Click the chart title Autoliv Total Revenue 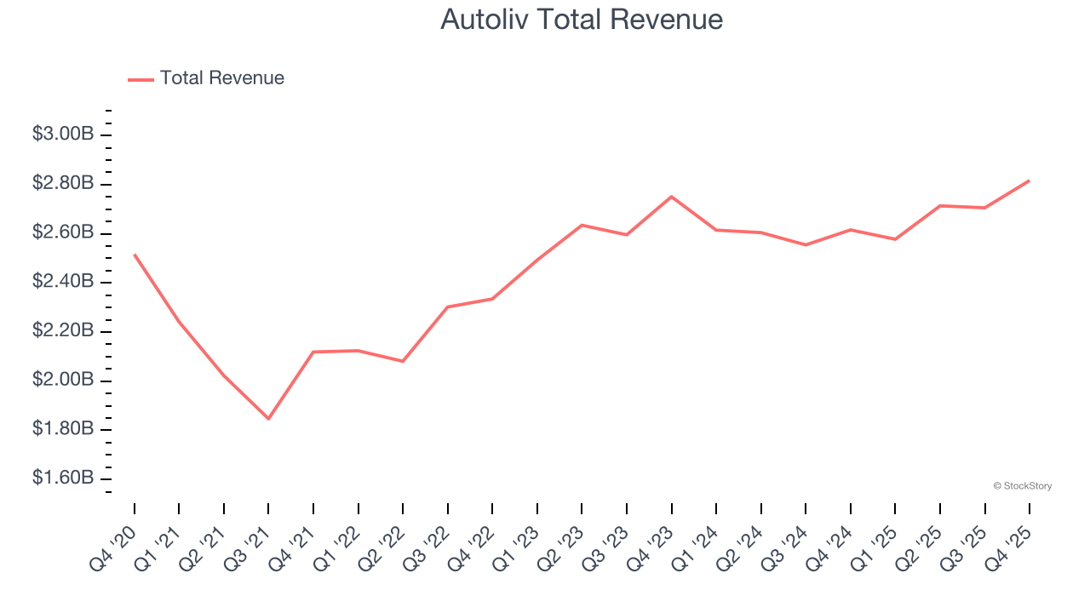coord(582,19)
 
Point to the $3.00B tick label coord(62,135)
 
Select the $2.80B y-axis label coord(62,184)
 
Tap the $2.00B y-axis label coord(62,380)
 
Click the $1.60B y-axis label coord(62,478)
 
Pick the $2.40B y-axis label coord(62,282)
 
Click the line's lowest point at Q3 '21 coord(268,419)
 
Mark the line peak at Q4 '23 coord(671,197)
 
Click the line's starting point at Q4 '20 coord(135,255)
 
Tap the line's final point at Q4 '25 coord(1029,180)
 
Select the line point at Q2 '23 coord(582,225)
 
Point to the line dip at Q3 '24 coord(806,245)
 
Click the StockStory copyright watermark coord(1022,486)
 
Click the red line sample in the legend coord(141,79)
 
